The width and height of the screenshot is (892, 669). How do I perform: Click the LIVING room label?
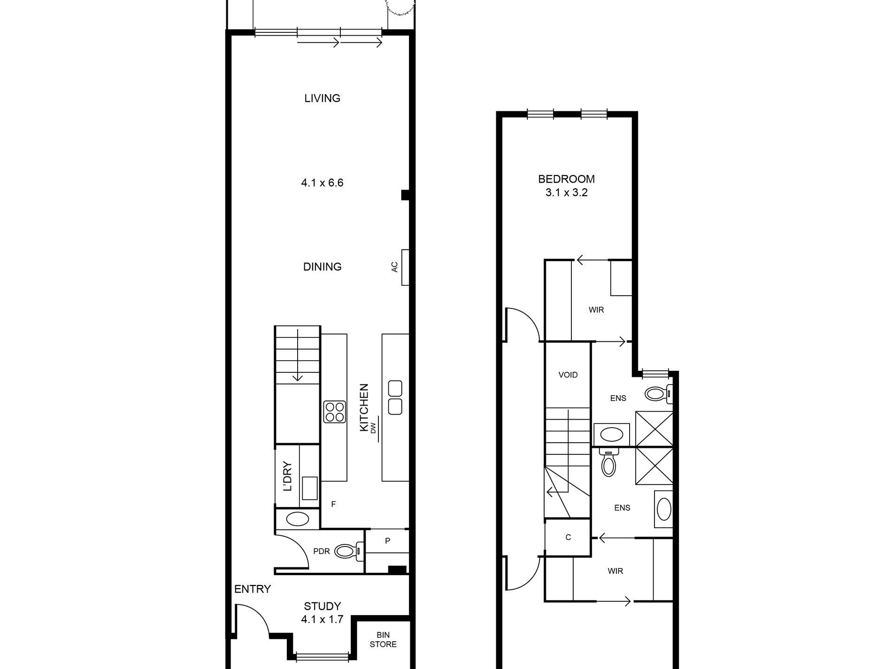[322, 98]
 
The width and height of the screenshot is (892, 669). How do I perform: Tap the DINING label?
[322, 267]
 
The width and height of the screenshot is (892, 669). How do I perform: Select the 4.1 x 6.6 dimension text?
[322, 183]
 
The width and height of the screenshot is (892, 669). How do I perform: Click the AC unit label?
[394, 267]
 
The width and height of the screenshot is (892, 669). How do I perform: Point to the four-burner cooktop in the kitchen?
[335, 412]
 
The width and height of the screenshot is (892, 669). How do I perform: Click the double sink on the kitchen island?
[395, 397]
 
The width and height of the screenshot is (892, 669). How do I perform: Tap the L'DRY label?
[287, 477]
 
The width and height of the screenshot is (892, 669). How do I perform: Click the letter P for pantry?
[388, 541]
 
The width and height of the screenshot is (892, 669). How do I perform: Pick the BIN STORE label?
[383, 639]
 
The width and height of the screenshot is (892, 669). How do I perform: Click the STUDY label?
[322, 606]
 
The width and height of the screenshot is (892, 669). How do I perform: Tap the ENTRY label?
[253, 589]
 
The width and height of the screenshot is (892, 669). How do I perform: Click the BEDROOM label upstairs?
[566, 179]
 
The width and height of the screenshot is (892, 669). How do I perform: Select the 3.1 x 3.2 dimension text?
[566, 192]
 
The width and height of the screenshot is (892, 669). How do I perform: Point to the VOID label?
[568, 375]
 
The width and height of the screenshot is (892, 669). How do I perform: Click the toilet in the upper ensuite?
[659, 393]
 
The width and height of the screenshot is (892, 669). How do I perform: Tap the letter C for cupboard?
[568, 537]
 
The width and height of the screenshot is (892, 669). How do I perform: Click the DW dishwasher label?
[374, 428]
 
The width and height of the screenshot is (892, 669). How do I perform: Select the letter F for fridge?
[333, 504]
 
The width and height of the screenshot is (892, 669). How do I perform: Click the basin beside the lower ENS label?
[664, 509]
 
